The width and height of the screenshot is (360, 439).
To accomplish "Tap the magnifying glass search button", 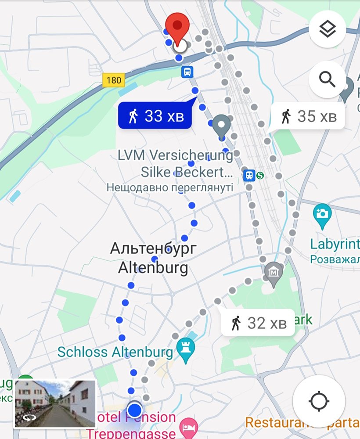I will pyautogui.click(x=327, y=79).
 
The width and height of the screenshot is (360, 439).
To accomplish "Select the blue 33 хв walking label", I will pyautogui.click(x=155, y=116).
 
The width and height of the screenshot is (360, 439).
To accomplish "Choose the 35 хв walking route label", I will pyautogui.click(x=310, y=116).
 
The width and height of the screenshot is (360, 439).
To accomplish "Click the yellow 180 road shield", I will pyautogui.click(x=113, y=80).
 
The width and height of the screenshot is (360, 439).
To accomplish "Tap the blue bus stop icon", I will pyautogui.click(x=187, y=72).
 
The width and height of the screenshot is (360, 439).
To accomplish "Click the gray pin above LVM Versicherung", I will pyautogui.click(x=222, y=125).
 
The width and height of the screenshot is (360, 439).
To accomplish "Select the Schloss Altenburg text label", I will pyautogui.click(x=115, y=352).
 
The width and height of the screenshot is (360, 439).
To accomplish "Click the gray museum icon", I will pyautogui.click(x=274, y=273).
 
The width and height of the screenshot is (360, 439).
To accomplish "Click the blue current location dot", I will pyautogui.click(x=134, y=410).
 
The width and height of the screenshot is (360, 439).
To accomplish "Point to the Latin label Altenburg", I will pyautogui.click(x=152, y=267).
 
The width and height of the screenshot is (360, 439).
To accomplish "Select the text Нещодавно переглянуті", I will pyautogui.click(x=169, y=187).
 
